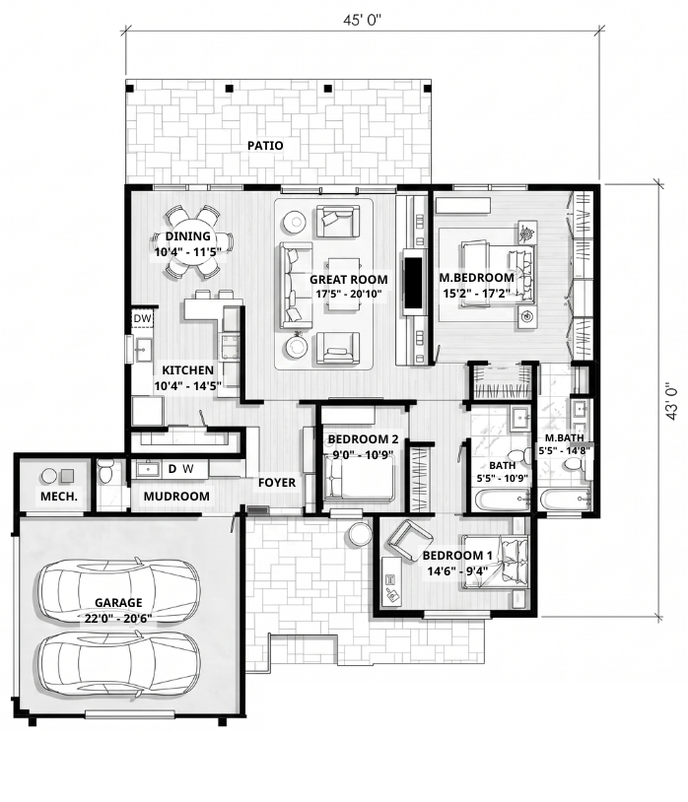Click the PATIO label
point(265,146)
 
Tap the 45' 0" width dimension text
point(362,20)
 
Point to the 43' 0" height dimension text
point(671,401)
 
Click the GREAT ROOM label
point(348,279)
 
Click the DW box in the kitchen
point(143,318)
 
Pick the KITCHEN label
point(187,370)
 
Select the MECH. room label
point(59,497)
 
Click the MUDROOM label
point(176,497)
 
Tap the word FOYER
point(277,483)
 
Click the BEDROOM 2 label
point(363,438)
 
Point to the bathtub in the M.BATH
point(566,499)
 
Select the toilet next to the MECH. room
point(105,471)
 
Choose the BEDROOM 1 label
point(457,556)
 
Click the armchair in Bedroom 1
point(410,540)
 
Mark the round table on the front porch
point(361,533)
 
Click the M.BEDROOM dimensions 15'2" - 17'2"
point(477,294)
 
